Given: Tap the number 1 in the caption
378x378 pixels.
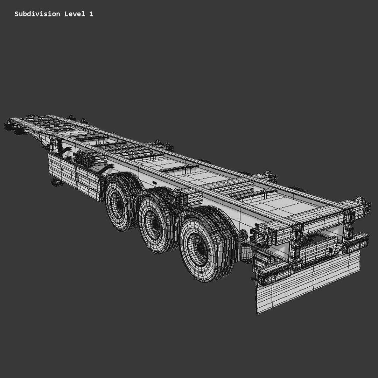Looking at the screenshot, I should [91, 14].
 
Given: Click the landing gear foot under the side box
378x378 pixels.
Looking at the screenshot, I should [55, 182].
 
